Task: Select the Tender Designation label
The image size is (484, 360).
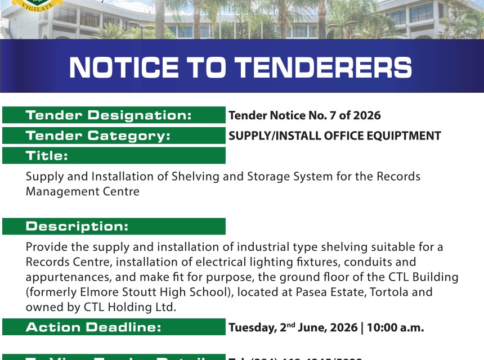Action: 109,116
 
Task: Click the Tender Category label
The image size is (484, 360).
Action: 98,136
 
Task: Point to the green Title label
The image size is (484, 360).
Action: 47,156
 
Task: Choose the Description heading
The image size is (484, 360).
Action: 77,227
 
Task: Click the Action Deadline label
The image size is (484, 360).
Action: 93,327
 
